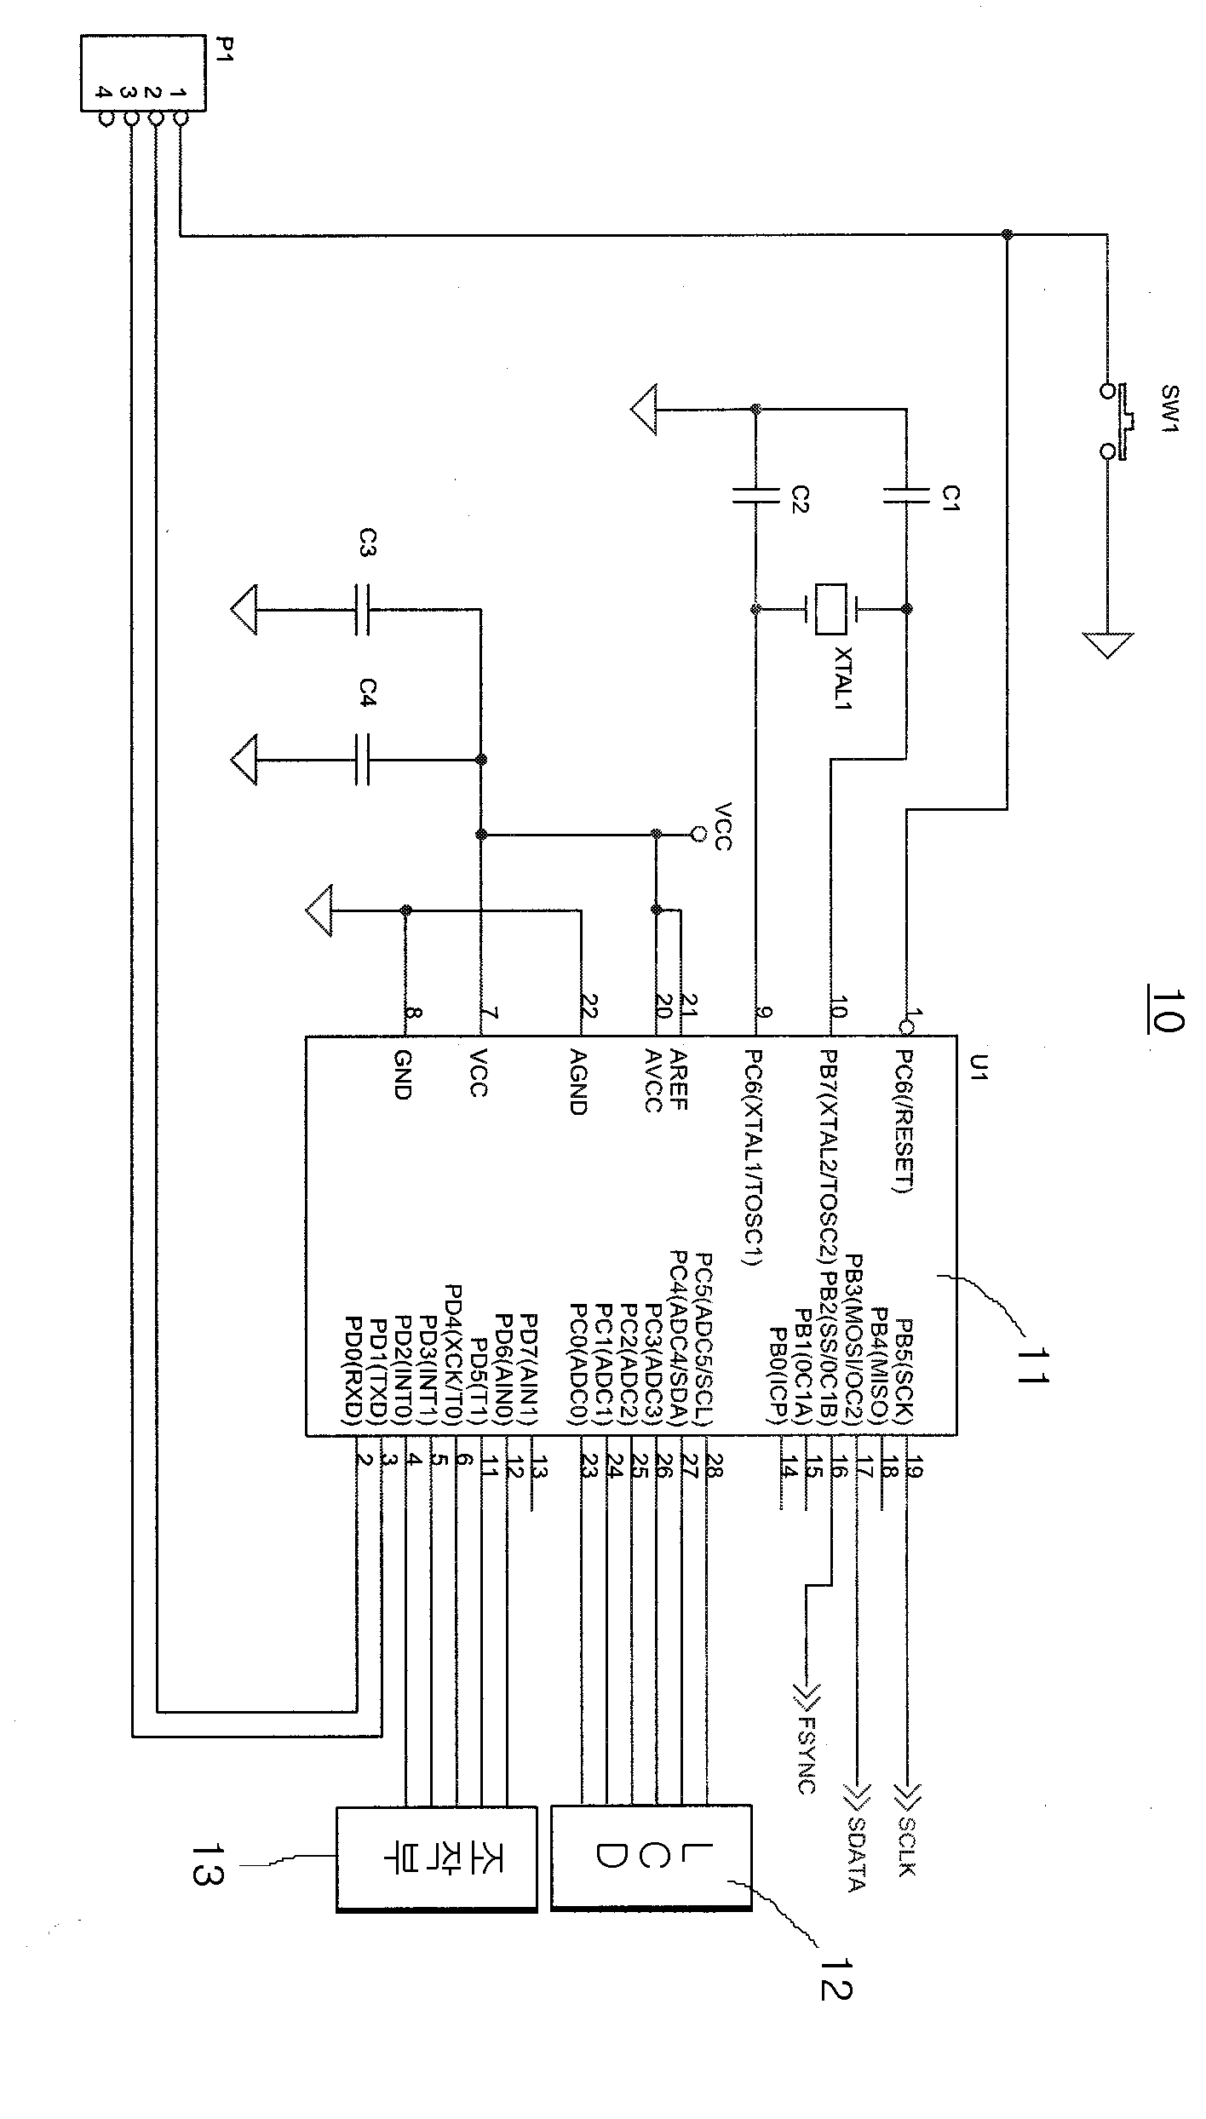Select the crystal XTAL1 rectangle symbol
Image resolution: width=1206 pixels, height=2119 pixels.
point(830,609)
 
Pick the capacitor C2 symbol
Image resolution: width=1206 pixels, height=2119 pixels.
point(755,495)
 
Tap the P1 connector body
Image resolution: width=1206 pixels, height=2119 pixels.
point(143,72)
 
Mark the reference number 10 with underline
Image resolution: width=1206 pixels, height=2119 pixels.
point(1165,1011)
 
